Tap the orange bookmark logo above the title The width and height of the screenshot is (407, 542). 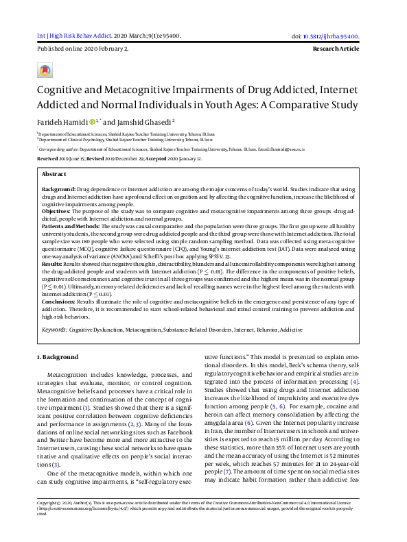tap(45, 71)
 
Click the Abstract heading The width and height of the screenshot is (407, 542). tap(54, 175)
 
